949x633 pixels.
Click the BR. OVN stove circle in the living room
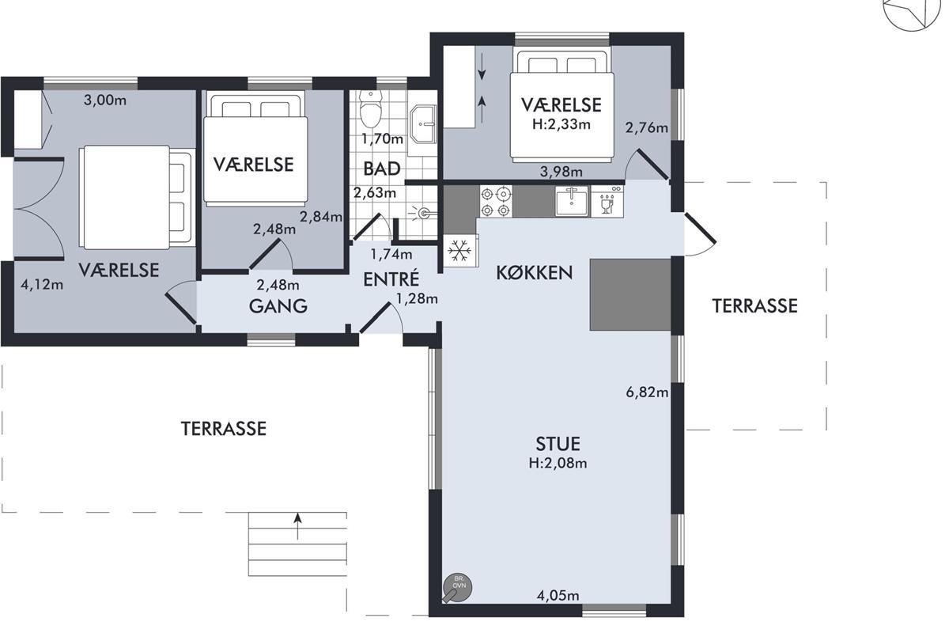pyautogui.click(x=458, y=587)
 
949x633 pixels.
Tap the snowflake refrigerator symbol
pyautogui.click(x=459, y=251)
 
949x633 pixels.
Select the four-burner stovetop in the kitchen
pyautogui.click(x=495, y=202)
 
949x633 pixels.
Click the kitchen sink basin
pyautogui.click(x=572, y=202)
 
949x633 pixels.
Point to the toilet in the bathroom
pyautogui.click(x=370, y=109)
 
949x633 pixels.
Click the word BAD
pyautogui.click(x=382, y=169)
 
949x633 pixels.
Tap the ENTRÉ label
pyautogui.click(x=391, y=279)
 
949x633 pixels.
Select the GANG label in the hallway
pyautogui.click(x=278, y=306)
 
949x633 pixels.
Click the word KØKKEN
pyautogui.click(x=535, y=273)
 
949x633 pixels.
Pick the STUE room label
pyautogui.click(x=558, y=444)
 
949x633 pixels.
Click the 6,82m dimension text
pyautogui.click(x=647, y=392)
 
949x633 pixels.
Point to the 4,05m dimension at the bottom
pyautogui.click(x=558, y=596)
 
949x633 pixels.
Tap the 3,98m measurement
pyautogui.click(x=561, y=172)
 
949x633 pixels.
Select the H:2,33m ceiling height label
pyautogui.click(x=561, y=124)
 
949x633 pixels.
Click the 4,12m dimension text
pyautogui.click(x=42, y=285)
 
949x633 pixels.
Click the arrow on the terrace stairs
pyautogui.click(x=298, y=526)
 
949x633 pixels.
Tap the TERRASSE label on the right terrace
pyautogui.click(x=754, y=306)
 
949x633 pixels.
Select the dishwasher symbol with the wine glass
pyautogui.click(x=607, y=202)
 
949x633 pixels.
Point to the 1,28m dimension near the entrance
pyautogui.click(x=417, y=299)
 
